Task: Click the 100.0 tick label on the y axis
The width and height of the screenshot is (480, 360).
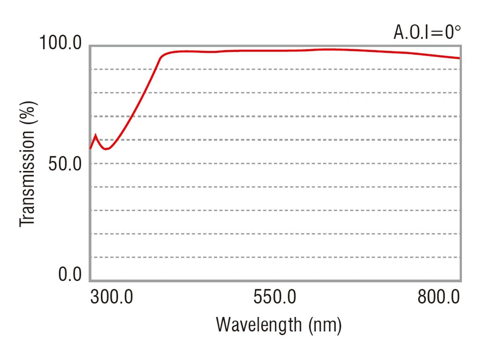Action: point(60,43)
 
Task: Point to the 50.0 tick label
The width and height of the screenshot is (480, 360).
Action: point(65,164)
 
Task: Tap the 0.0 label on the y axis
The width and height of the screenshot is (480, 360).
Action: point(70,274)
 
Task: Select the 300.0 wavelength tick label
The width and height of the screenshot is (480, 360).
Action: point(112,297)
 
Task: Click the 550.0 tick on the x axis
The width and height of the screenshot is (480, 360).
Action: point(275,297)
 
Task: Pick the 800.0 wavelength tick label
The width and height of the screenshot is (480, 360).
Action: point(438,297)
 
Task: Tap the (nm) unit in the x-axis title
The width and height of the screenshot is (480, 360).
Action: point(325,326)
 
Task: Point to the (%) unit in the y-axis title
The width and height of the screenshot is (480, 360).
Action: point(28,113)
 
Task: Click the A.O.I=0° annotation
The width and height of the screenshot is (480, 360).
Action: point(427,32)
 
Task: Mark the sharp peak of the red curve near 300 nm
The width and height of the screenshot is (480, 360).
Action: point(95,135)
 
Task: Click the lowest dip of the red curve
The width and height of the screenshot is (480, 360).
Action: point(106,149)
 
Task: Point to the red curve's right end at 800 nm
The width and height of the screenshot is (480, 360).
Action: point(459,58)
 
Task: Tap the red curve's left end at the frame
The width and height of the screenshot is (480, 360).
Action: point(90,149)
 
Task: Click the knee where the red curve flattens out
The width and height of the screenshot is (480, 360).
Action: point(162,56)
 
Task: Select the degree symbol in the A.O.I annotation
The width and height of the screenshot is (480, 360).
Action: point(457,29)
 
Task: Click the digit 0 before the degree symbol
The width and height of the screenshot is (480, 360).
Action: point(449,32)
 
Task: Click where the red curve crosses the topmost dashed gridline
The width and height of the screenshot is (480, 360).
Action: point(156,69)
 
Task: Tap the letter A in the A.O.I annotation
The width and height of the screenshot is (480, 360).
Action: point(398,32)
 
